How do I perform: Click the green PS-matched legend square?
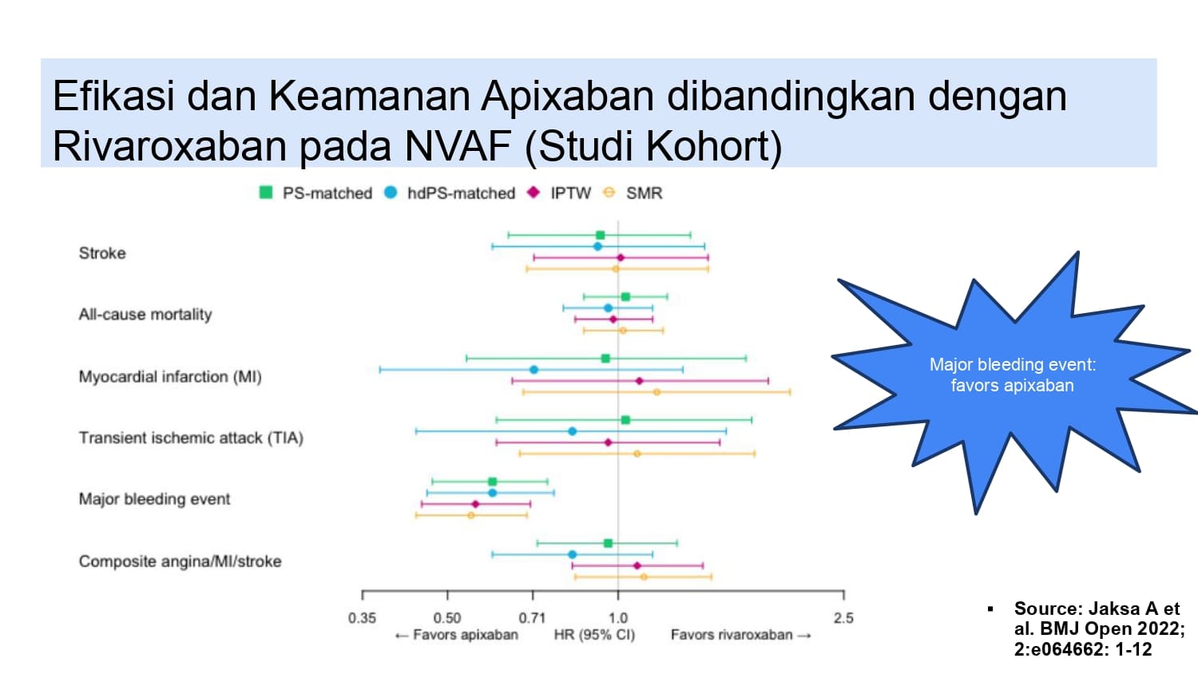[x=266, y=192]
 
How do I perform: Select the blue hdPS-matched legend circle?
[x=391, y=192]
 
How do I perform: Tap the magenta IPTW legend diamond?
[x=534, y=192]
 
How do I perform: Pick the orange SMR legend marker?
[x=609, y=192]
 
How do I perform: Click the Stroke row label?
[x=102, y=253]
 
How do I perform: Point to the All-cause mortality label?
[x=145, y=314]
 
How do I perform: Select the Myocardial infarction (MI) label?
[x=170, y=377]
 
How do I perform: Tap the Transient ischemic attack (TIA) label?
[x=191, y=438]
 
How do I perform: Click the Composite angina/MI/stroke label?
[x=180, y=561]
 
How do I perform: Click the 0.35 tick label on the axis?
[x=362, y=618]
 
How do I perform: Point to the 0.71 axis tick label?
[x=532, y=618]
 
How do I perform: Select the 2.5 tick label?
[x=843, y=618]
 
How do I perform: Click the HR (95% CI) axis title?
[x=594, y=635]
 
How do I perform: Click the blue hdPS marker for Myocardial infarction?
[x=534, y=370]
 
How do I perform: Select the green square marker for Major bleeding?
[x=493, y=482]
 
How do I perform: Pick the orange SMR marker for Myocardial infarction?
[x=657, y=392]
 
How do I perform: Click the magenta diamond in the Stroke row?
[x=621, y=258]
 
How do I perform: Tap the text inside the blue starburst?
[x=1013, y=375]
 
